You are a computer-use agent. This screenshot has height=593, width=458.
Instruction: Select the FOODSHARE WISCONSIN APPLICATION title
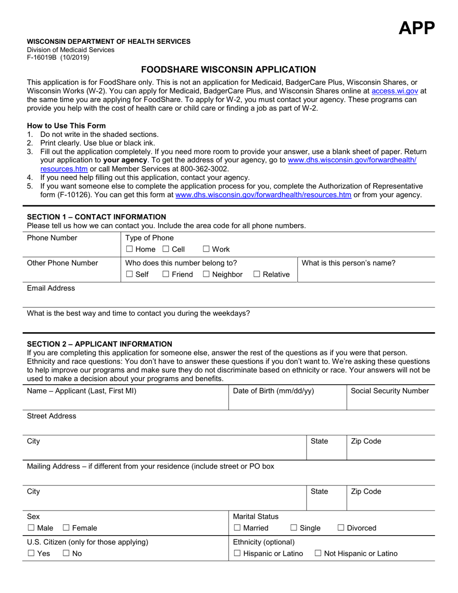(x=229, y=69)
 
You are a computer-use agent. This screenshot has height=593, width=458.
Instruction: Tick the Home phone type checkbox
(x=129, y=249)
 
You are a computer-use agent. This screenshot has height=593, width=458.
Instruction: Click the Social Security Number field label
(x=390, y=391)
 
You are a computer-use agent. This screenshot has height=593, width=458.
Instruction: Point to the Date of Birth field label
(x=273, y=391)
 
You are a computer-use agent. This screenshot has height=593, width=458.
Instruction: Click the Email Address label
(x=51, y=288)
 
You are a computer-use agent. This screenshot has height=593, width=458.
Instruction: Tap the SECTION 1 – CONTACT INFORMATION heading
(x=96, y=217)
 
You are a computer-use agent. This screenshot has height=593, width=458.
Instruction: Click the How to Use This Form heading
(x=67, y=125)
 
